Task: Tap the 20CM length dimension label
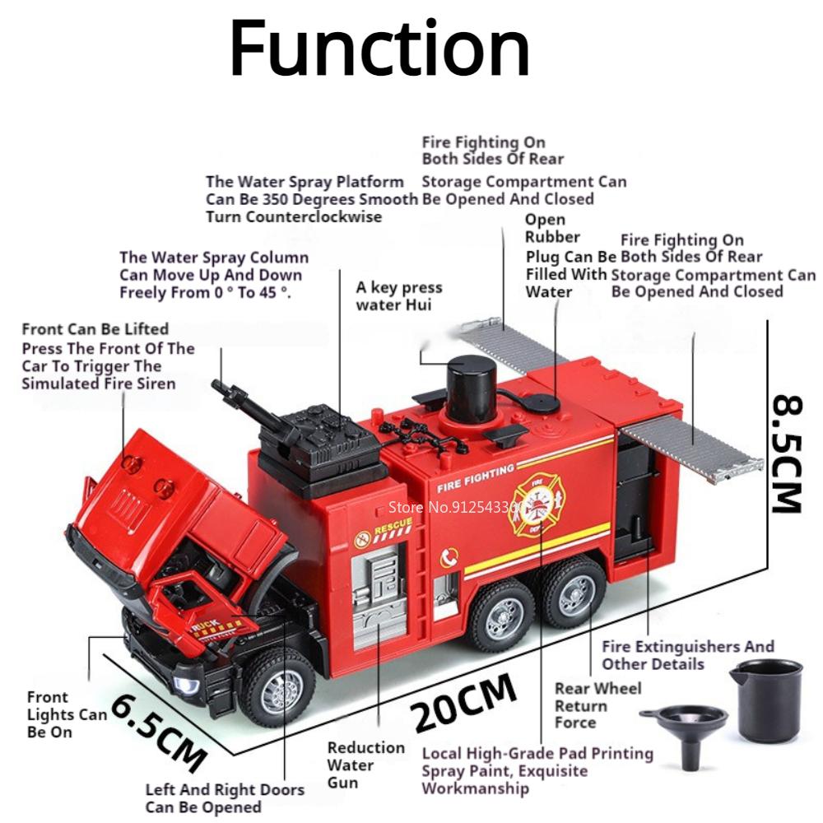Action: click(x=465, y=702)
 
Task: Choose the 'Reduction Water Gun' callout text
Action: click(x=365, y=765)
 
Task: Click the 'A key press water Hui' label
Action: click(x=399, y=296)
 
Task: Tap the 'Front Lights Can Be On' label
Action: click(x=67, y=714)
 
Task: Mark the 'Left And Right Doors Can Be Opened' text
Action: click(x=225, y=798)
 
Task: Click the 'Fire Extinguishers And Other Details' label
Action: click(x=688, y=655)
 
